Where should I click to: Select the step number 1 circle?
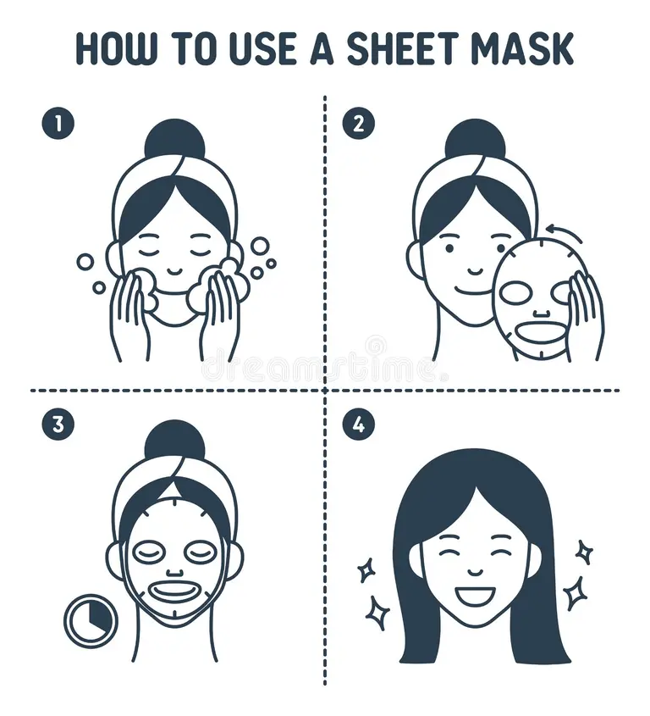pos(58,124)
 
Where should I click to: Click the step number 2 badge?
pos(358,124)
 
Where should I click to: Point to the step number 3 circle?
pos(58,425)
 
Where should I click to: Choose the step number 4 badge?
pos(358,425)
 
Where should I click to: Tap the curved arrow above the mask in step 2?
pos(563,231)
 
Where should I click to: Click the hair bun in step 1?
pos(174,138)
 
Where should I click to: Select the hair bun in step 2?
pos(475,138)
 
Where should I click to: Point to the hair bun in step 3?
pos(174,439)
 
